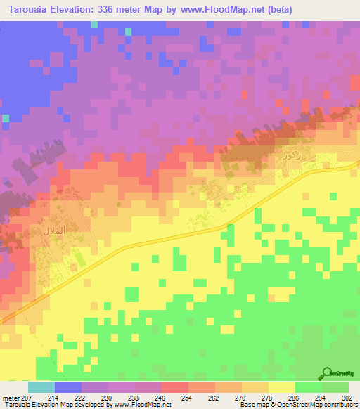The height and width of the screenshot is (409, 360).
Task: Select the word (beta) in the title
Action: [x=276, y=9]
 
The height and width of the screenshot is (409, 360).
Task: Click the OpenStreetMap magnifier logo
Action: [x=326, y=373]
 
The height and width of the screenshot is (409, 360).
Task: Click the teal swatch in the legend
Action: [x=41, y=387]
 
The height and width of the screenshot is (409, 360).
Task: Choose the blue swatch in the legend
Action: [x=68, y=387]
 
